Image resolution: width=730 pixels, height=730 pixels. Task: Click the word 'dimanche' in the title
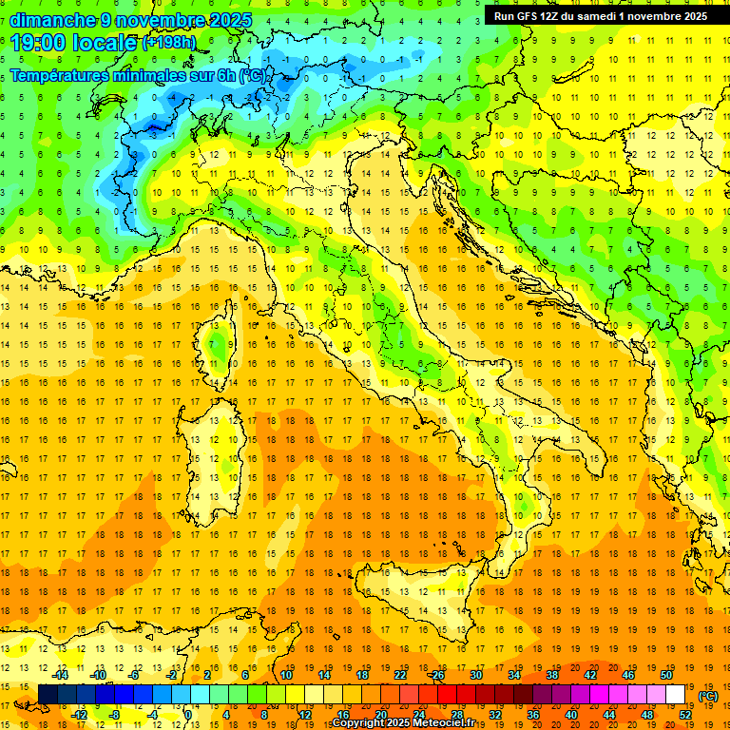coord(53,20)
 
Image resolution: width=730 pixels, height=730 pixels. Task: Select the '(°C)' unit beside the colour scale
coord(708,696)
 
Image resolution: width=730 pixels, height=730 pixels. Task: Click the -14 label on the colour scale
coord(62,675)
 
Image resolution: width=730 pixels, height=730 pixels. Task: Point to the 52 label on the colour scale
coord(685,715)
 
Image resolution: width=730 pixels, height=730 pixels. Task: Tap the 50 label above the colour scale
coord(666,675)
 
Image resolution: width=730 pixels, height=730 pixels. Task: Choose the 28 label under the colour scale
coord(456,715)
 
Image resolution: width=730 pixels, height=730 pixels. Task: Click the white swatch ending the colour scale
coord(676,695)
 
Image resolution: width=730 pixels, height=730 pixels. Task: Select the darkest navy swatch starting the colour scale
coord(48,695)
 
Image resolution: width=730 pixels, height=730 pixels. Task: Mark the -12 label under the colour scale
coord(80,715)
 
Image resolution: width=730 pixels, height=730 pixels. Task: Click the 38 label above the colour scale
coord(552,675)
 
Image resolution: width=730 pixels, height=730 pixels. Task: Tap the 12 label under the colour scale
coord(304,715)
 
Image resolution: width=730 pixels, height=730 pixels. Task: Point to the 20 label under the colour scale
coord(380,715)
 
